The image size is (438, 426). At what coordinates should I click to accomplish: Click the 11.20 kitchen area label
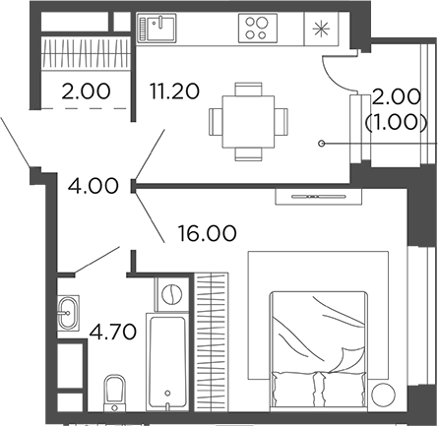(x=174, y=92)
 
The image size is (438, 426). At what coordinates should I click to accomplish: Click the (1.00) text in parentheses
(x=394, y=123)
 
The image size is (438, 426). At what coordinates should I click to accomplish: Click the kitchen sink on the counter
(x=156, y=28)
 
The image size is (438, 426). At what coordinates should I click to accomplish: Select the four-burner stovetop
(x=259, y=28)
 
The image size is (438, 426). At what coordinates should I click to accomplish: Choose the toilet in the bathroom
(x=114, y=390)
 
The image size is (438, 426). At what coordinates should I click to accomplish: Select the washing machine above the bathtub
(x=173, y=294)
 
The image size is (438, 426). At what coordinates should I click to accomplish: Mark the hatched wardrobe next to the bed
(x=211, y=340)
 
